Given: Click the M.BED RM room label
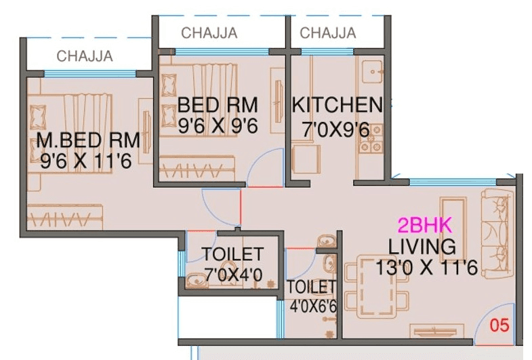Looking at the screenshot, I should coord(88,140).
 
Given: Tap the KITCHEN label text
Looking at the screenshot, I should coord(337,105).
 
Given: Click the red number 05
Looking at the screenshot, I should coord(499,325).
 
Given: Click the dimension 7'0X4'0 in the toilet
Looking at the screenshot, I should coord(233,275).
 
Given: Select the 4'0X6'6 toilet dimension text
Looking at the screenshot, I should coord(312,306).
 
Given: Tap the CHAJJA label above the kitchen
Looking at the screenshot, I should coord(328,33).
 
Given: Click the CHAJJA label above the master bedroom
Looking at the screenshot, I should coord(85,56).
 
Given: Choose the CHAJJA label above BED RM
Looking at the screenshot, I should coord(209,33).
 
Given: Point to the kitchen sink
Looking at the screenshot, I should coord(371,70).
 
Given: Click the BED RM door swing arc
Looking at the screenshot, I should coord(261,169).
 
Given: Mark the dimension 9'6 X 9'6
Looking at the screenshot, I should coord(218,125).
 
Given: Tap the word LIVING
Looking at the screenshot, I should coord(422,245).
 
